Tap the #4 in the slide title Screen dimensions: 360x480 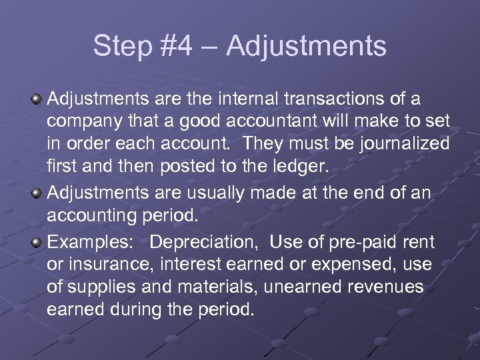[x=176, y=47]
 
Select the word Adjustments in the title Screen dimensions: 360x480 [x=306, y=47]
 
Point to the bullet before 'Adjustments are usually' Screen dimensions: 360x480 [x=37, y=193]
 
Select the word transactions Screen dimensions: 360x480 [x=338, y=100]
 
